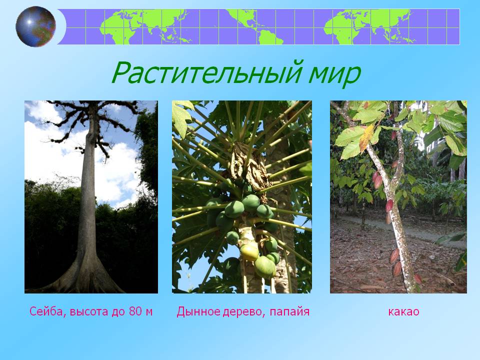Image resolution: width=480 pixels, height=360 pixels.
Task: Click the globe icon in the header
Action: click(36, 26)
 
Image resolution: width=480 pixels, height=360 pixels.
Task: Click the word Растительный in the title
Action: click(207, 72)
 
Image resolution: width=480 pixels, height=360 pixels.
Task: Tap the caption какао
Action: click(403, 312)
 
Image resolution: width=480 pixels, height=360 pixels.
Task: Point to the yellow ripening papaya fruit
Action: click(249, 252)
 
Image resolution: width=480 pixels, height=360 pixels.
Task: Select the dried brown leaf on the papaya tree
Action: click(249, 167)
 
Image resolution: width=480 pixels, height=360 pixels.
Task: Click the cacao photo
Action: click(398, 197)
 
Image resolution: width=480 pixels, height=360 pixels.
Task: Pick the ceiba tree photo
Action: click(91, 197)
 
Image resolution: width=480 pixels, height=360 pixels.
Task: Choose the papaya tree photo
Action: click(242, 197)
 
